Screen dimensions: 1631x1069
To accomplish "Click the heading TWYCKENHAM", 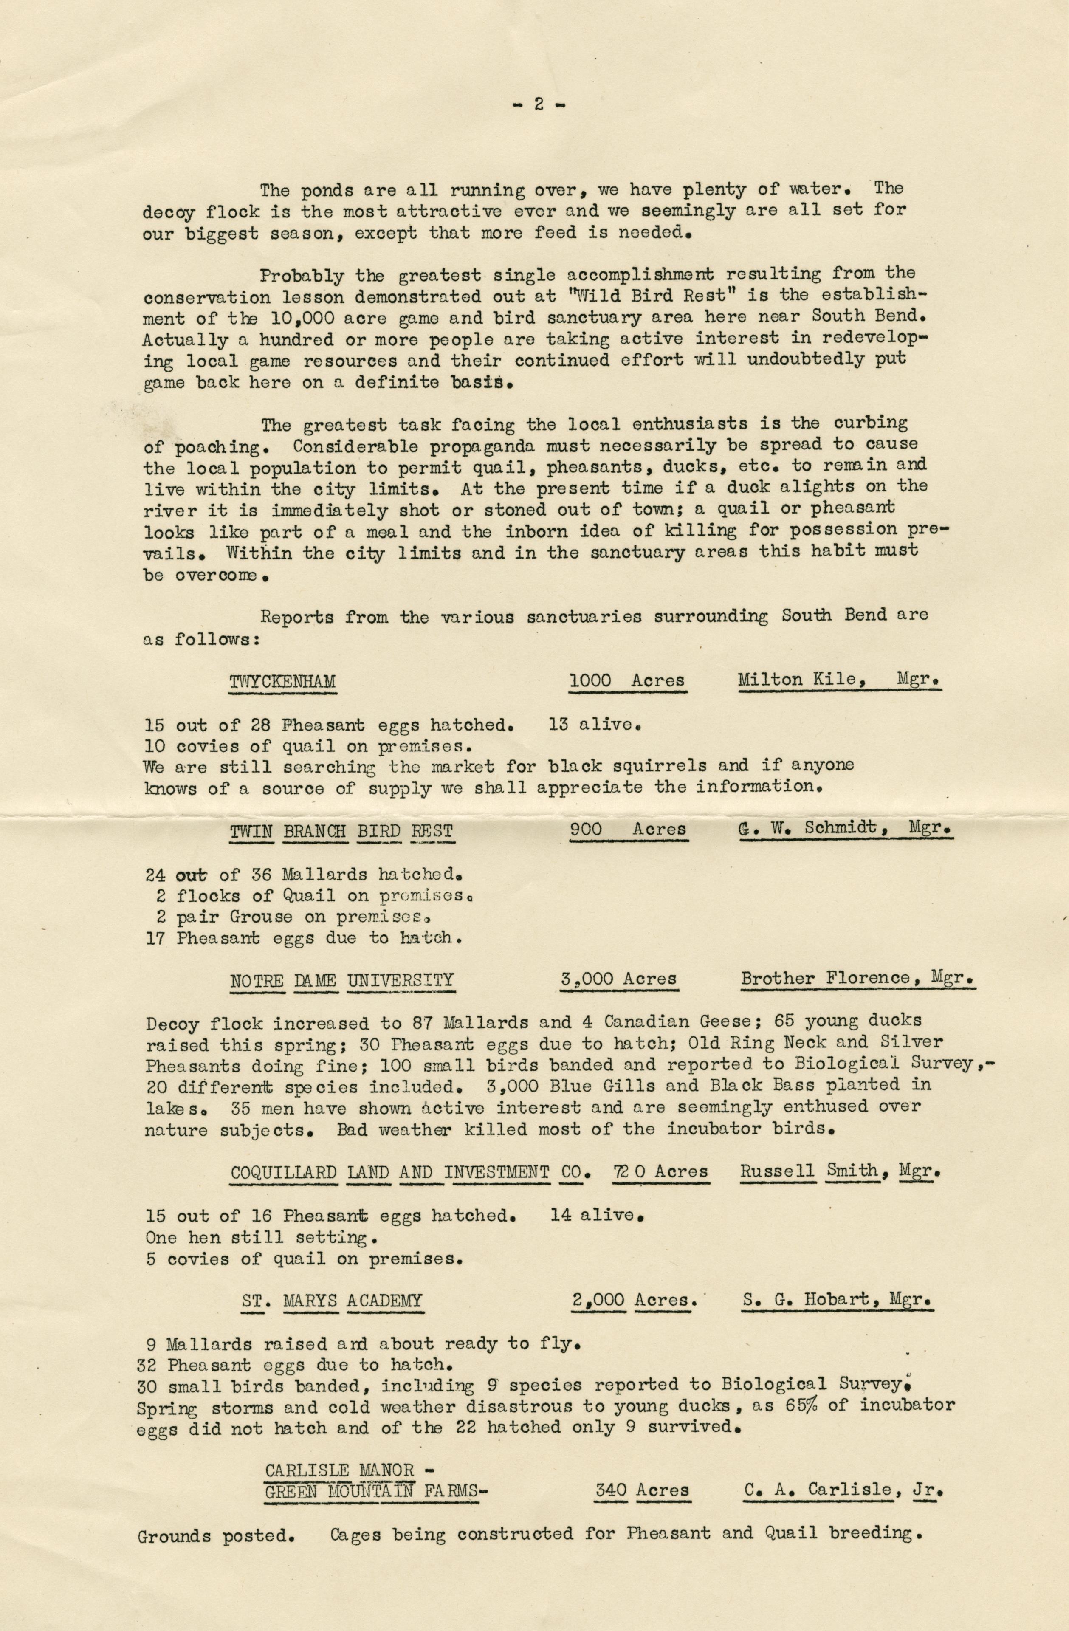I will [x=282, y=682].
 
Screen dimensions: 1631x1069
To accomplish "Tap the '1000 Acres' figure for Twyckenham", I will [x=627, y=680].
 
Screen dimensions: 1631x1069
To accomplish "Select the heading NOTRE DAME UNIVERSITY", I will [x=341, y=981].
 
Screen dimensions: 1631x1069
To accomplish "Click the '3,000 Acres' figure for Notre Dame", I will [x=618, y=980].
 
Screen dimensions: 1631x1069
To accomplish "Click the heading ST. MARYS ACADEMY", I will [x=332, y=1301].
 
